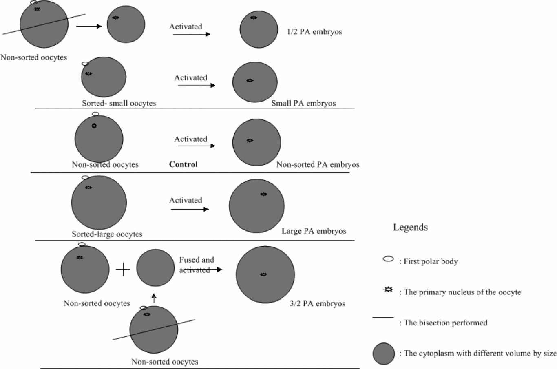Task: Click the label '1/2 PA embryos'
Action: (314, 32)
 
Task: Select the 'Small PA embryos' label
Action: (303, 104)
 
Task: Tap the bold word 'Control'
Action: (183, 164)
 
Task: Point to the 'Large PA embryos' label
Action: (314, 231)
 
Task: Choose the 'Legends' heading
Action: (410, 228)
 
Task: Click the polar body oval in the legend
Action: (388, 259)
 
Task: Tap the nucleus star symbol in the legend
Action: (389, 290)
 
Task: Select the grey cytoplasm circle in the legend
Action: (384, 354)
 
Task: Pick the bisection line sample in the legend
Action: (383, 317)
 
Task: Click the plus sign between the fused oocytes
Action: (123, 270)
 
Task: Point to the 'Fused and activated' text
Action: (196, 265)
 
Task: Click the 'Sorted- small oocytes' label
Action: (119, 104)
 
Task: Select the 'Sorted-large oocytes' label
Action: (107, 234)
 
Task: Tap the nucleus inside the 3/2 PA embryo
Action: (263, 275)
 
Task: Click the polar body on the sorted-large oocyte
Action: (85, 178)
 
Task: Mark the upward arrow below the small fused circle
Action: (153, 298)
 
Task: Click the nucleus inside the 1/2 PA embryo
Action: (254, 18)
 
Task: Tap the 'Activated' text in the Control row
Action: (190, 139)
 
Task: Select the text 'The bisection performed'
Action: (446, 323)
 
